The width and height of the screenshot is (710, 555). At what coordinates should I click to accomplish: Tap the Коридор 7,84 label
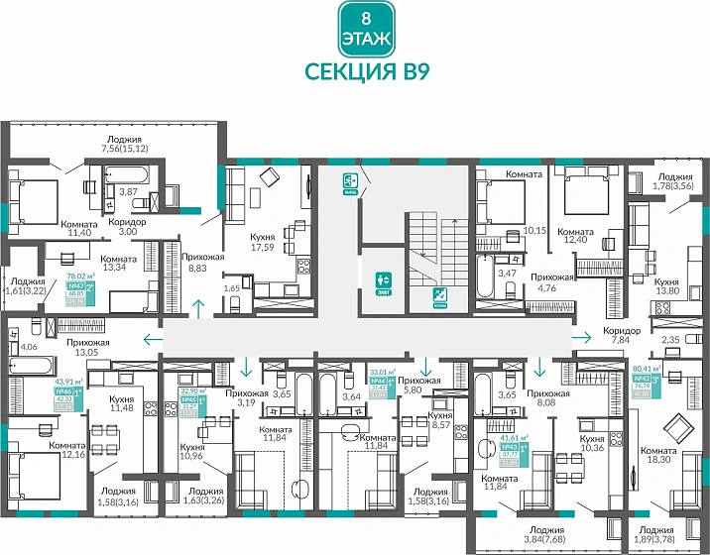(x=622, y=333)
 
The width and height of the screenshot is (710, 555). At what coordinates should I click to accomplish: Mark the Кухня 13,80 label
(x=666, y=262)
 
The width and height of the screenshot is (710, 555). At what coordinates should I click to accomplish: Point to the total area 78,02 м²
(x=79, y=277)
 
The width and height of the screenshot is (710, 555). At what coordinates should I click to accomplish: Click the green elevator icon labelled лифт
(x=385, y=281)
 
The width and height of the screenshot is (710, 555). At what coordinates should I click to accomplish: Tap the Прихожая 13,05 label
(x=88, y=347)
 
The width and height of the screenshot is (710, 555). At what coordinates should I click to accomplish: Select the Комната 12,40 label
(x=583, y=234)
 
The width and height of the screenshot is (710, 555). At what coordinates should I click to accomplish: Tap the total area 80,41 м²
(x=648, y=368)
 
